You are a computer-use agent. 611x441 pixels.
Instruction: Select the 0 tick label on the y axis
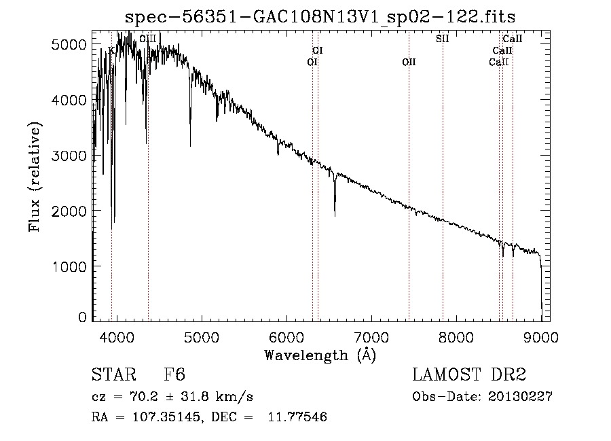(81, 317)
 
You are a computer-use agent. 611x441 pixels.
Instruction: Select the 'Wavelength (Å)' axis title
(320, 355)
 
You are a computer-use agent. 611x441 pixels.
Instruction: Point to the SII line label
(443, 39)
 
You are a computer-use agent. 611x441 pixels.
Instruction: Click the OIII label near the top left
(147, 39)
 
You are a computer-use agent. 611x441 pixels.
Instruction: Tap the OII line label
(409, 63)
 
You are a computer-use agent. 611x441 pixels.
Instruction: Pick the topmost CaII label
(512, 39)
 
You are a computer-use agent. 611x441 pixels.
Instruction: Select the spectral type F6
(174, 376)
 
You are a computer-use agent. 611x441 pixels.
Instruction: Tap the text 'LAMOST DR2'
(469, 376)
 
